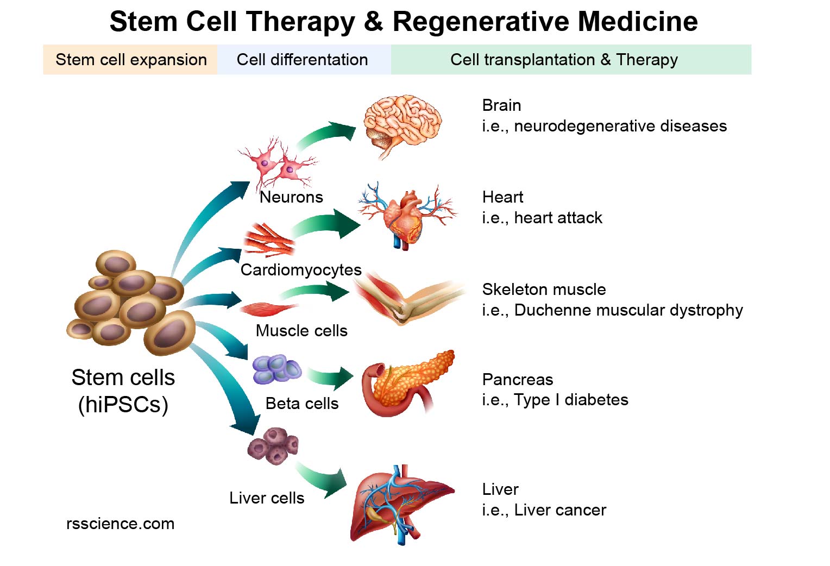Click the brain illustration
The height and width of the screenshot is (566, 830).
click(402, 125)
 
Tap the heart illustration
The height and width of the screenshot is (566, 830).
click(405, 215)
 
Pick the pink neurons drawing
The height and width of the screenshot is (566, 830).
click(277, 163)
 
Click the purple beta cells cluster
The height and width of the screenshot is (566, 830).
click(276, 369)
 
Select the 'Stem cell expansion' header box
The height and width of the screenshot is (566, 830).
click(130, 60)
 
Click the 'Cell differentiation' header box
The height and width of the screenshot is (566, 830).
click(303, 60)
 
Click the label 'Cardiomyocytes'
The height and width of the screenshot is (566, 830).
click(301, 270)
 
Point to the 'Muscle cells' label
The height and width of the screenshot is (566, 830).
click(301, 331)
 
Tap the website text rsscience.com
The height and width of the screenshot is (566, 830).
click(120, 524)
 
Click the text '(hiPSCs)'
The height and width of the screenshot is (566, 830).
click(123, 405)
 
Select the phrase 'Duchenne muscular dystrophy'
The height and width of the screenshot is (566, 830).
click(628, 310)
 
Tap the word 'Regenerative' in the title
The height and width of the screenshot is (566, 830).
click(480, 22)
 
